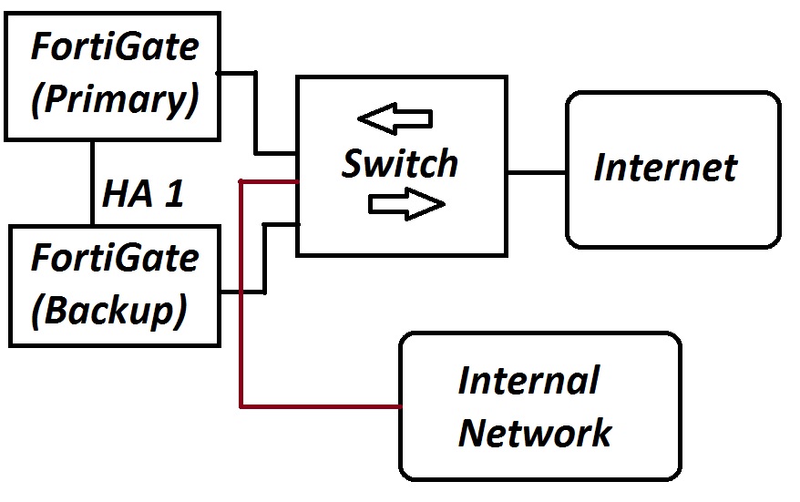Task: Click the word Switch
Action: coord(400,164)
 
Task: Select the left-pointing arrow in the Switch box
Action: coord(395,118)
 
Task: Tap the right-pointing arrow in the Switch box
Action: coord(406,205)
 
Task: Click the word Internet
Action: coord(665,168)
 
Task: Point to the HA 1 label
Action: coord(142,193)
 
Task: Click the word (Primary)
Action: coord(114,100)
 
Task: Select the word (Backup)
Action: coord(108,312)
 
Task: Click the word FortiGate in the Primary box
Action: coord(114,47)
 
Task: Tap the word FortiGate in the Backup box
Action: coord(114,259)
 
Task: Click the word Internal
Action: coord(528,380)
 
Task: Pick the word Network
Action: coord(534,432)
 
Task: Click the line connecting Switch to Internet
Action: coord(536,172)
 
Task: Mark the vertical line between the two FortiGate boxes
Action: coord(92,182)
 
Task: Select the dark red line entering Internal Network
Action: coord(319,405)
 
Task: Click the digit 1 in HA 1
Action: coord(173,193)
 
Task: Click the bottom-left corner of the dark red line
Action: coord(241,405)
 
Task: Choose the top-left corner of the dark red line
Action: coord(241,182)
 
